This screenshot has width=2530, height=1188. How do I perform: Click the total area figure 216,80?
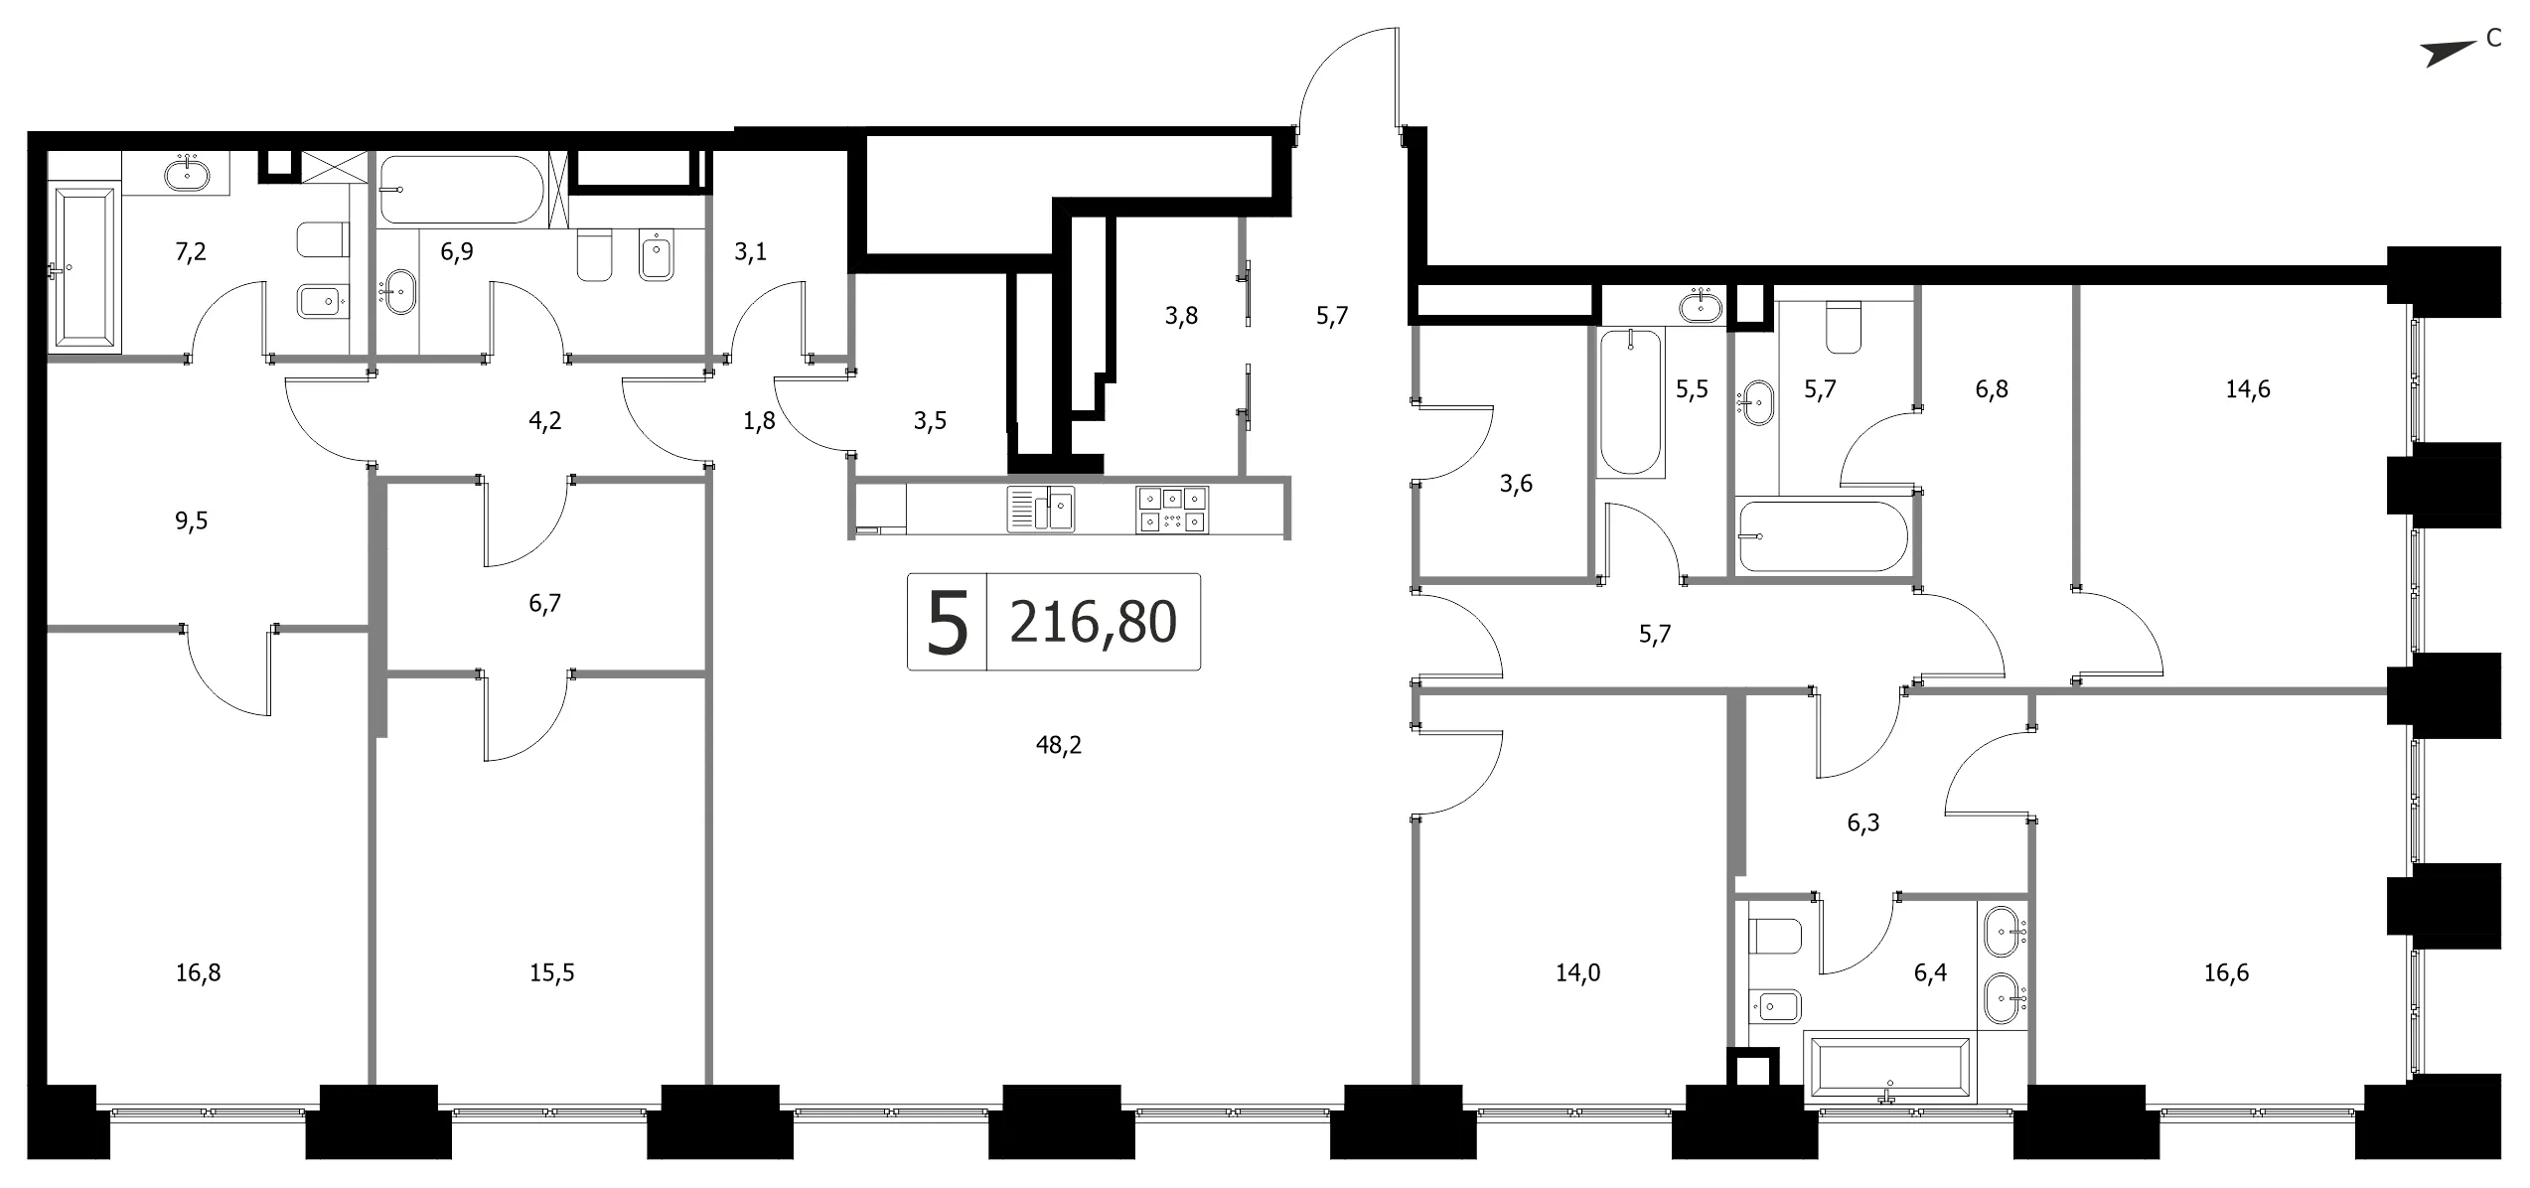pos(1093,623)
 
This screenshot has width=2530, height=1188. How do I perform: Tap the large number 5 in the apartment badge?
pos(947,623)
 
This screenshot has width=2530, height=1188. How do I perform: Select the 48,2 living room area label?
pos(1058,745)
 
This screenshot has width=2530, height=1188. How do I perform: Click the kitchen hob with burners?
pos(1172,510)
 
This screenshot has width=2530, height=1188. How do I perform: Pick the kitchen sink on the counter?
pos(1040,510)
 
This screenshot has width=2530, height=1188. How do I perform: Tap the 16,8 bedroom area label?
pos(198,972)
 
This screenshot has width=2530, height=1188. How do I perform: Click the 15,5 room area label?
pos(551,972)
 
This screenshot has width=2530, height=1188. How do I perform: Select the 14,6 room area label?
pos(2247,389)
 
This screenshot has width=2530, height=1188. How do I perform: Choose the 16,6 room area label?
pos(2226,972)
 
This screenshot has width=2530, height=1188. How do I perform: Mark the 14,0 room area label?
pos(1577,972)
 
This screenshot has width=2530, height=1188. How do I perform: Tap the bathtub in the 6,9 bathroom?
pos(462,189)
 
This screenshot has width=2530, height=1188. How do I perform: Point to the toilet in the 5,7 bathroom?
pos(1844,327)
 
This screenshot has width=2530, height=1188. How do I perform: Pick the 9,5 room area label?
pos(192,520)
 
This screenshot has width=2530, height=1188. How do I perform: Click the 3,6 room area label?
pos(1516,484)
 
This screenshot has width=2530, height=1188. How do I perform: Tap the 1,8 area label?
pos(759,421)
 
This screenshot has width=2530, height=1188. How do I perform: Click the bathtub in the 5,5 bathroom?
pos(1630,402)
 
